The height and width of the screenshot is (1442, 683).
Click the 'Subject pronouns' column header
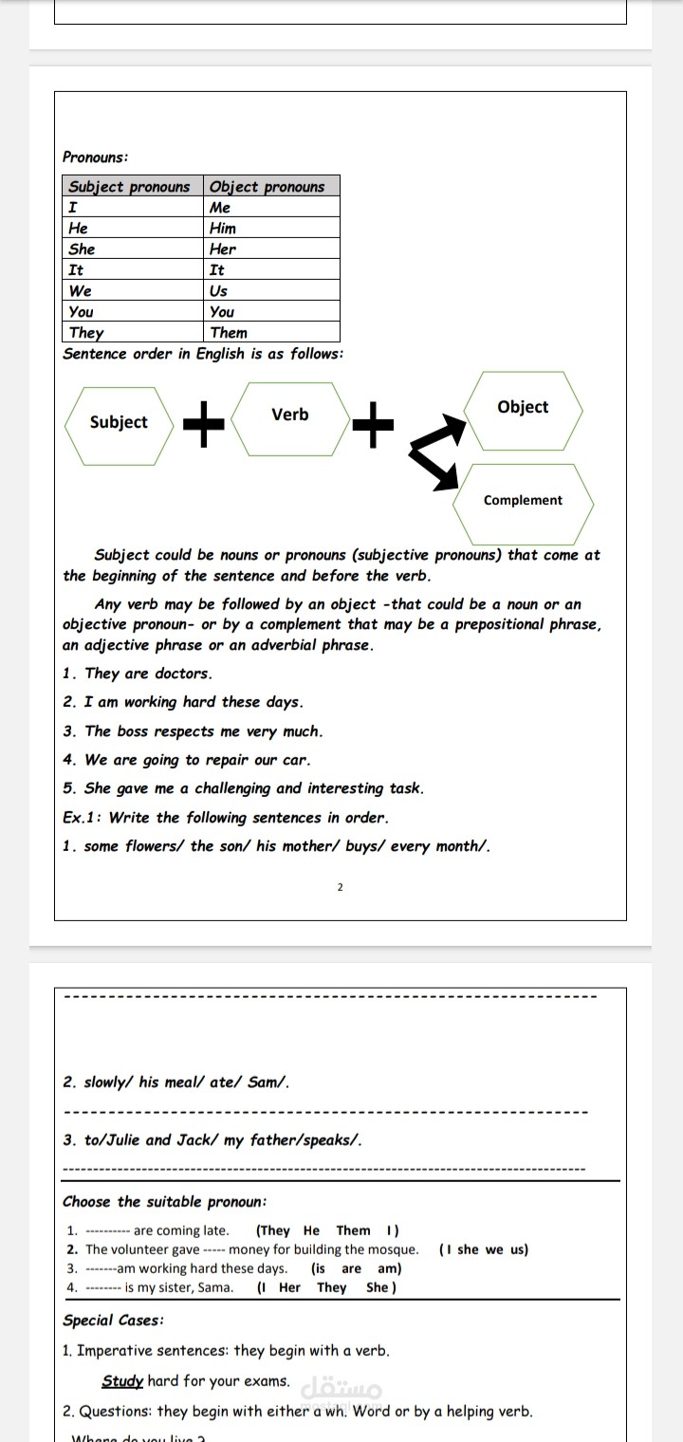coord(129,187)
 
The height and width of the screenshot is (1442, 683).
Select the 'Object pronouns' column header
coord(268,187)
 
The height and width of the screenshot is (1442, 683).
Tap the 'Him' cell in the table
coord(224,229)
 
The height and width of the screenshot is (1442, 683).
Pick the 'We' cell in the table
coord(81,291)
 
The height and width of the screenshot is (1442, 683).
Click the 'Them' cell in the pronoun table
coord(229,333)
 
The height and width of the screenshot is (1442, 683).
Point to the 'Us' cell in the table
coord(219,291)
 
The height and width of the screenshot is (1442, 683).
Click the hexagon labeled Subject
coord(119,422)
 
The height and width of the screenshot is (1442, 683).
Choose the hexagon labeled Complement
coord(523,501)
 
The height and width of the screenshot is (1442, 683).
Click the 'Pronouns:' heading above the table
coord(96,157)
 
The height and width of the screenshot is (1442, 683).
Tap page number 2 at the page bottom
coord(341,888)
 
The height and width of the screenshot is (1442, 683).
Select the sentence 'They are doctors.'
coord(148,674)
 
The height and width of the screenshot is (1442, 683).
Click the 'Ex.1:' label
coord(82,818)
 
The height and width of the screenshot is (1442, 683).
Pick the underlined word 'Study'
coord(122,1381)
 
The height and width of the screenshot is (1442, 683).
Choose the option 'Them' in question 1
coord(354,1230)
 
